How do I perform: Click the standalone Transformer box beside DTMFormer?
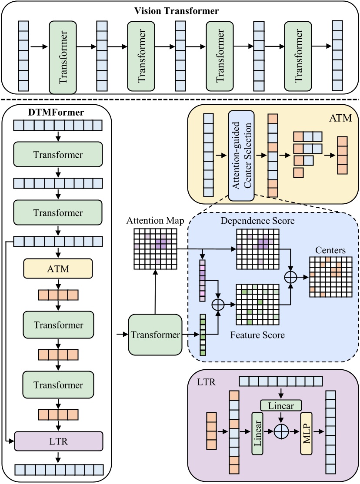click(155, 335)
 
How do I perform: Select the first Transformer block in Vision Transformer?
click(63, 57)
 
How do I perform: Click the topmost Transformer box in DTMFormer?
click(58, 155)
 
